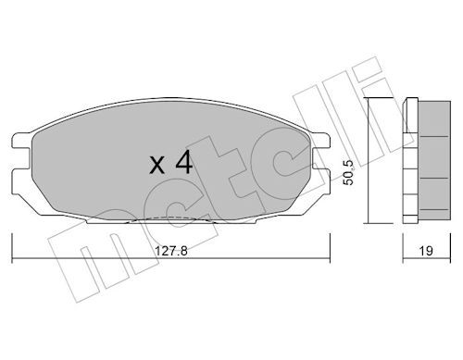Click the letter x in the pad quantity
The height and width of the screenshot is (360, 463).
click(157, 165)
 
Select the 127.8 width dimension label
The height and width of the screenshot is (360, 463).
click(171, 251)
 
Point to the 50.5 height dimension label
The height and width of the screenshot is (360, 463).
click(348, 173)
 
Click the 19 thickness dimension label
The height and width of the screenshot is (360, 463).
click(426, 251)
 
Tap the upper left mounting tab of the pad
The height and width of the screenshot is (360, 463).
click(21, 140)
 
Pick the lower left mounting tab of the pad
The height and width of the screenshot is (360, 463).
click(21, 177)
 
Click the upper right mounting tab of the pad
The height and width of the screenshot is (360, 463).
click(320, 140)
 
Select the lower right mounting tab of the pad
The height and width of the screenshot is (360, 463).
click(321, 177)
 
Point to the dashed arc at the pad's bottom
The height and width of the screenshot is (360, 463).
click(169, 217)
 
